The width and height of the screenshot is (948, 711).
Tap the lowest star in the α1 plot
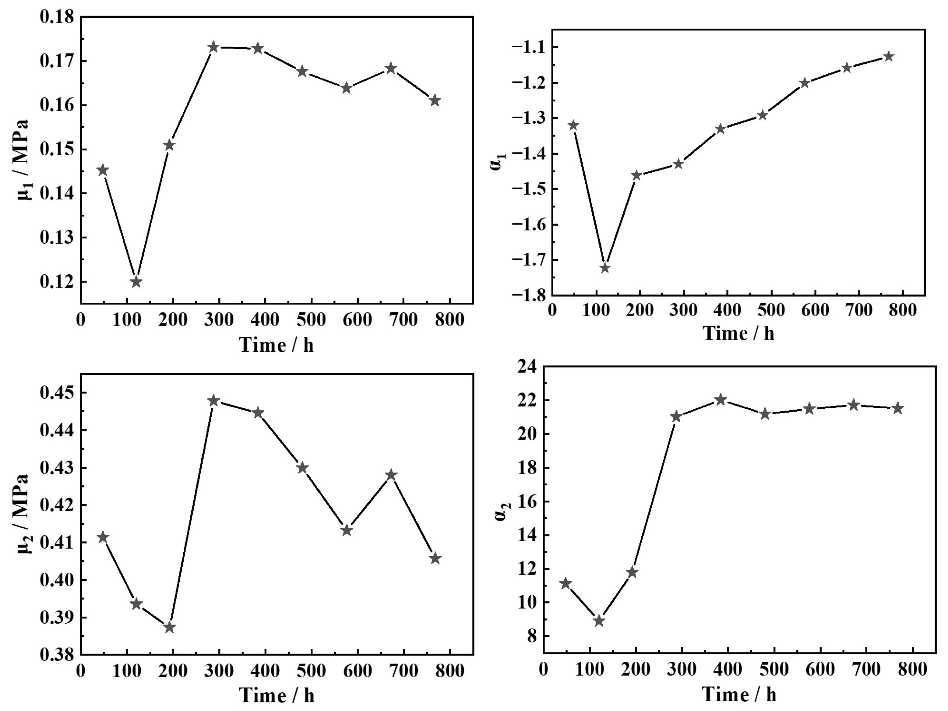tap(605, 268)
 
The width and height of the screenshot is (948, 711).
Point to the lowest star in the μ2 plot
tap(170, 628)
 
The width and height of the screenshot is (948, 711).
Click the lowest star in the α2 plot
tap(599, 621)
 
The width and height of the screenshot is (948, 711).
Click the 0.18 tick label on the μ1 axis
tap(57, 17)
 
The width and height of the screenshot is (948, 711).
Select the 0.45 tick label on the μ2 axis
tap(57, 392)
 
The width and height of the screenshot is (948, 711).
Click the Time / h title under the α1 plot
tap(738, 333)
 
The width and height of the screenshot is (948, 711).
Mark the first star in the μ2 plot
tap(103, 537)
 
